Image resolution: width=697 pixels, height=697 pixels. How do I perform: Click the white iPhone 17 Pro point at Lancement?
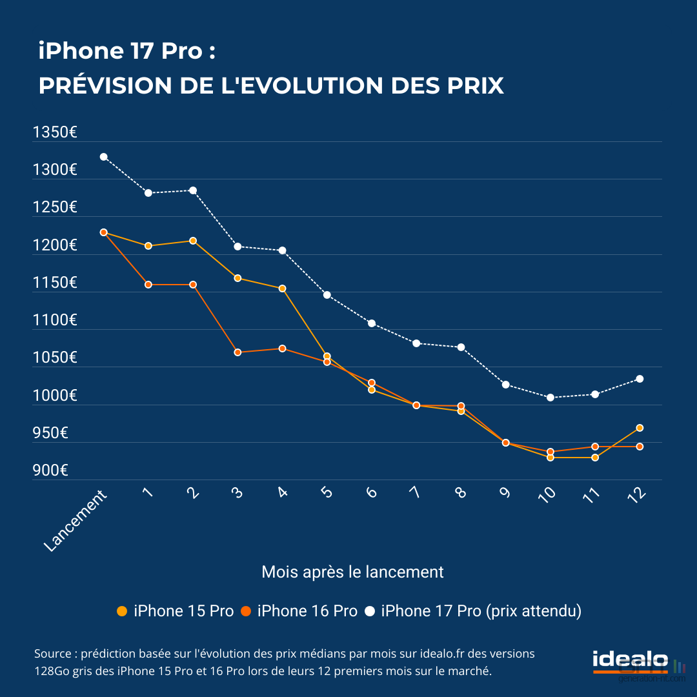[103, 157]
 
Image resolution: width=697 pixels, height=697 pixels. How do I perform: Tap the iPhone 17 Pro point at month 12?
[640, 379]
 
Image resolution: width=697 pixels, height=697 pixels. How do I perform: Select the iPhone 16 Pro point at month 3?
[237, 352]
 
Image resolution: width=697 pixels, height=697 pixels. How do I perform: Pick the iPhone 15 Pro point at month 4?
[282, 288]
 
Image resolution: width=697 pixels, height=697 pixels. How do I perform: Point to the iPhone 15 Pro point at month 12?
[640, 428]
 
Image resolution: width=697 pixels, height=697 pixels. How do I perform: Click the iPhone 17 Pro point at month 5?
[327, 295]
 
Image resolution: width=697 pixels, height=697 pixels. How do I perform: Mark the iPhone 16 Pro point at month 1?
[148, 285]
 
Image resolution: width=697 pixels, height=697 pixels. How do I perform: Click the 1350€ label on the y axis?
[56, 133]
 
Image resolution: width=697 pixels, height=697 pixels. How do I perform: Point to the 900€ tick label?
[50, 471]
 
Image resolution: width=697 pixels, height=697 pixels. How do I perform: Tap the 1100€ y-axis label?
[56, 320]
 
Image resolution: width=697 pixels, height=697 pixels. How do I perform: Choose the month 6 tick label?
[371, 492]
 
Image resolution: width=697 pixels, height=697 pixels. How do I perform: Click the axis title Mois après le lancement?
[352, 572]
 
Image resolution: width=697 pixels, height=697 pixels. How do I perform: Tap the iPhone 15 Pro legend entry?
[176, 611]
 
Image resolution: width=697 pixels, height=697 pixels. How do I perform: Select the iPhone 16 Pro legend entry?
[299, 611]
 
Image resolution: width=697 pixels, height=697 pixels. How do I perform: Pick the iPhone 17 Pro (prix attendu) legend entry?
[474, 611]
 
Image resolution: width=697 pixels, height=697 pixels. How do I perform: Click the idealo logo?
[630, 662]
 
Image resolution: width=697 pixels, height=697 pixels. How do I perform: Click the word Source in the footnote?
[52, 654]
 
